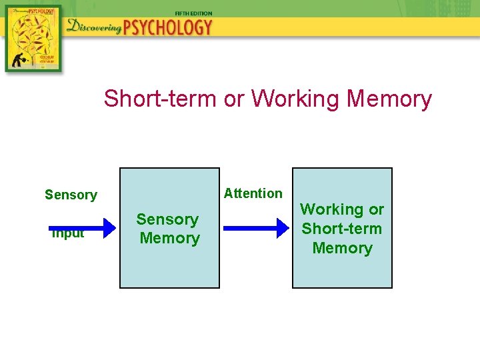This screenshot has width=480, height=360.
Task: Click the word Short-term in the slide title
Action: pyautogui.click(x=161, y=99)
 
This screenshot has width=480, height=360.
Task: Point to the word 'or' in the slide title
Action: pyautogui.click(x=234, y=99)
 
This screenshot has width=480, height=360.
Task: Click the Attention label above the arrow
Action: pyautogui.click(x=253, y=193)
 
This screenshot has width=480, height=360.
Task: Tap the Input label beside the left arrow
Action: pyautogui.click(x=68, y=234)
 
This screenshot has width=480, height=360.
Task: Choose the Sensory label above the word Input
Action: pyautogui.click(x=71, y=195)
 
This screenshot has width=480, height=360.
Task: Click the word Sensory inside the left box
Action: pyautogui.click(x=167, y=219)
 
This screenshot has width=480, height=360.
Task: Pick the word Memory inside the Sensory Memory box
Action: pyautogui.click(x=169, y=238)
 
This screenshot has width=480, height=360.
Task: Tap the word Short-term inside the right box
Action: pyautogui.click(x=342, y=229)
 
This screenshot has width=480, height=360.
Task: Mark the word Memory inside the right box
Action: pyautogui.click(x=342, y=248)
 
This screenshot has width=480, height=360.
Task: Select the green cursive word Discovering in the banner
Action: pyautogui.click(x=94, y=27)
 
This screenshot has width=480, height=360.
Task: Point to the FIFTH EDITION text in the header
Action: pyautogui.click(x=193, y=13)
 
